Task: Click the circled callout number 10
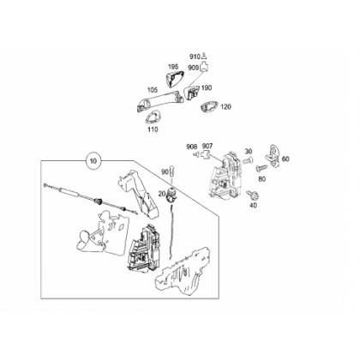pyautogui.click(x=93, y=161)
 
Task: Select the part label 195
pyautogui.click(x=173, y=67)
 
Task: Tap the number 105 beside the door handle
pyautogui.click(x=153, y=90)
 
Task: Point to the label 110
pyautogui.click(x=153, y=129)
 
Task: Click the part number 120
pyautogui.click(x=226, y=107)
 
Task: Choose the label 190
pyautogui.click(x=207, y=87)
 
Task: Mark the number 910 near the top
pyautogui.click(x=195, y=57)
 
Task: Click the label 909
pyautogui.click(x=194, y=68)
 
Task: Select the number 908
pyautogui.click(x=192, y=147)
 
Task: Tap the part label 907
pyautogui.click(x=207, y=147)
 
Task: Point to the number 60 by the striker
pyautogui.click(x=285, y=159)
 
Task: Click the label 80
pyautogui.click(x=262, y=179)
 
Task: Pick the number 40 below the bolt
pyautogui.click(x=253, y=205)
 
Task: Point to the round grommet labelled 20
pyautogui.click(x=171, y=195)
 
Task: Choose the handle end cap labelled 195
pyautogui.click(x=174, y=79)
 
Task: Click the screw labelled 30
pyautogui.click(x=247, y=161)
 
